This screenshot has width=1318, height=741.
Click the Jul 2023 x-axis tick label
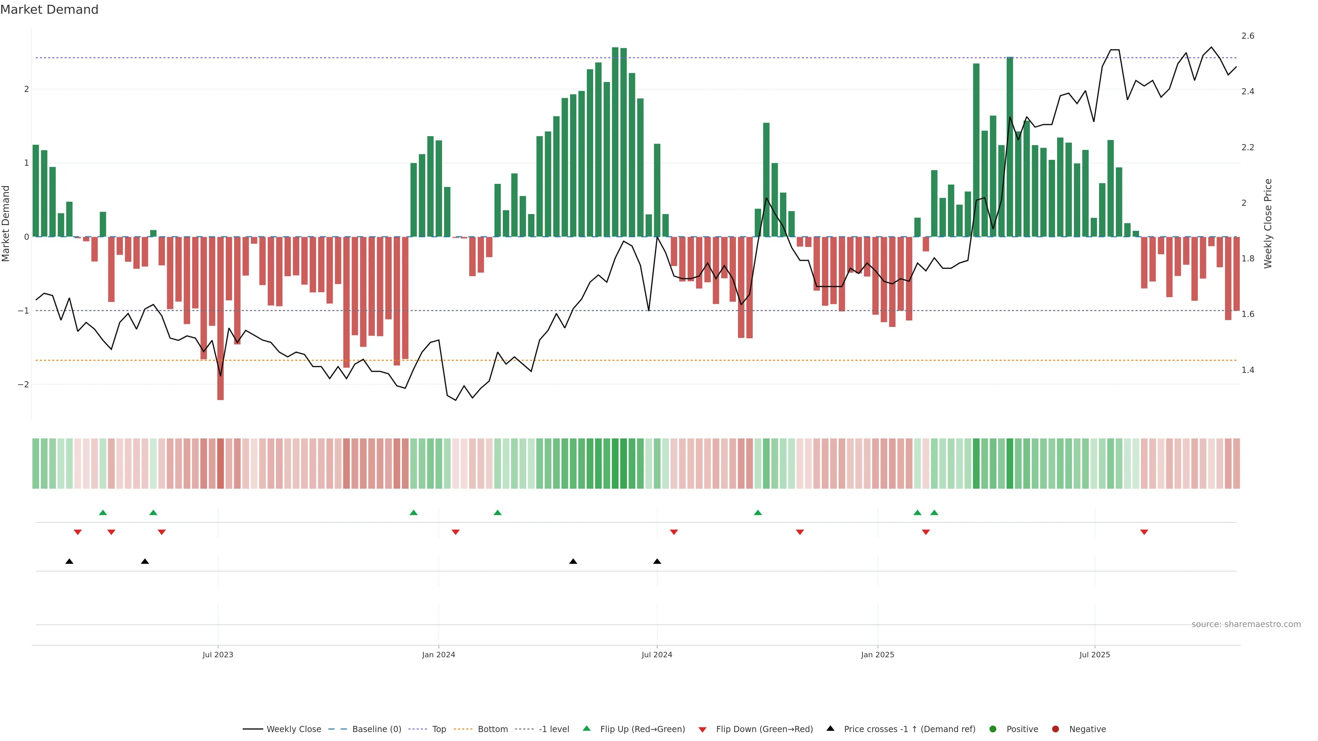coord(218,655)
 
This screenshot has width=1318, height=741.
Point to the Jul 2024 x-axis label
coord(657,655)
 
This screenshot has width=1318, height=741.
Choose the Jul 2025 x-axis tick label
coord(1095,655)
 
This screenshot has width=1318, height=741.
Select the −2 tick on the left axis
coord(23,385)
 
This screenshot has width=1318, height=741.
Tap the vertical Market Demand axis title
coord(6,223)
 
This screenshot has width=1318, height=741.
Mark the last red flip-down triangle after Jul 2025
coord(1144,532)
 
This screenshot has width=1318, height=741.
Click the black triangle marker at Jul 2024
coord(657,562)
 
